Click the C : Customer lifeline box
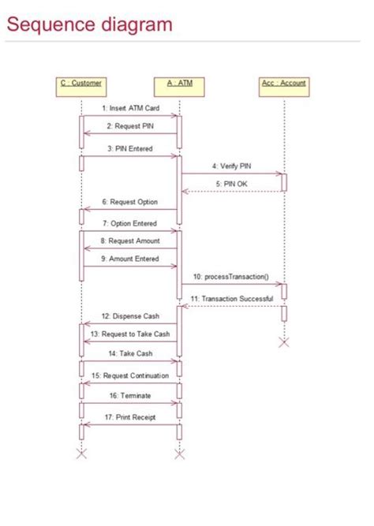80,84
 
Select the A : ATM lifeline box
179,84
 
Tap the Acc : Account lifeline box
283,84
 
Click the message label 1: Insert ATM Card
130,108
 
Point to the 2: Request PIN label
130,125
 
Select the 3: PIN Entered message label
130,147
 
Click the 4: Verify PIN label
231,166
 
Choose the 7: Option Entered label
130,223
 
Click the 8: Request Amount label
130,241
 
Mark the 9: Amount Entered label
130,258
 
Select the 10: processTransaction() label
231,278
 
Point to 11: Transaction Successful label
232,299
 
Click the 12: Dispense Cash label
130,316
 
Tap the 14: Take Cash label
130,354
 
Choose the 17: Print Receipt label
130,416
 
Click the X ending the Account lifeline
284,341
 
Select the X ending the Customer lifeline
80,453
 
